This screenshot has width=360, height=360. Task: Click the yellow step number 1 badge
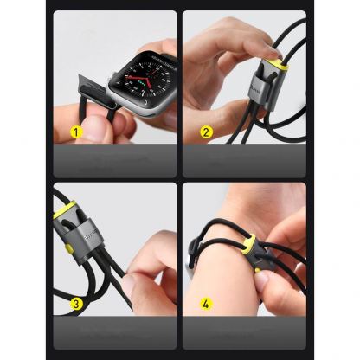[76, 133]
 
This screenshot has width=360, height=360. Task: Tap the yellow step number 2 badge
[206, 133]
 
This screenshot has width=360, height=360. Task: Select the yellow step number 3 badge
[76, 304]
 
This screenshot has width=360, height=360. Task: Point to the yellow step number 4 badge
[206, 304]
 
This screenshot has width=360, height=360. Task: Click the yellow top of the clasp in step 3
[65, 210]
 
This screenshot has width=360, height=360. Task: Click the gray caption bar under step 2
[243, 160]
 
